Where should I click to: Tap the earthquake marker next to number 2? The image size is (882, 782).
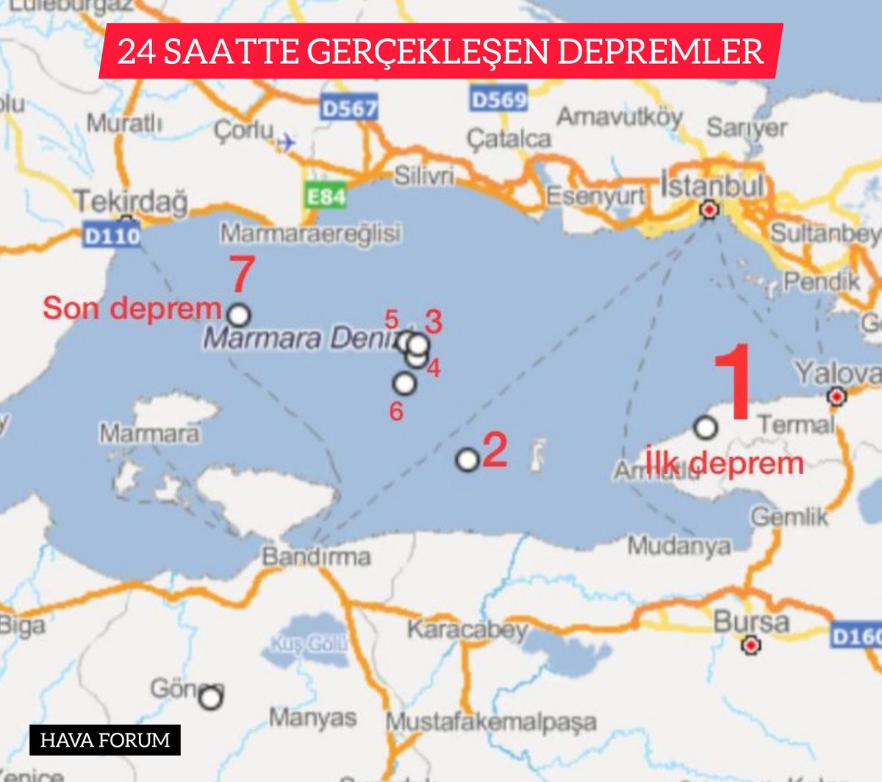coord(467,460)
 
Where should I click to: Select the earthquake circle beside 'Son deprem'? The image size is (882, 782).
coord(239,315)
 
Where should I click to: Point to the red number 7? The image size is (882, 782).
coord(241,274)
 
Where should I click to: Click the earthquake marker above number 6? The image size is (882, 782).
coord(404,383)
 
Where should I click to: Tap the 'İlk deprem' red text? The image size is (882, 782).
coord(725,463)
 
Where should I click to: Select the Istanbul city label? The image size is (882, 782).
coord(711,186)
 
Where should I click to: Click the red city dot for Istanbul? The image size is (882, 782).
coord(709,210)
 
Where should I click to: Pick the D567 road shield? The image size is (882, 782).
coord(349,109)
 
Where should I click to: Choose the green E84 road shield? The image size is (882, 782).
coord(325,196)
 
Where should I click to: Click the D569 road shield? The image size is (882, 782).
coord(499,99)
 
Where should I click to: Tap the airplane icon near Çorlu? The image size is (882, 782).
coord(286,141)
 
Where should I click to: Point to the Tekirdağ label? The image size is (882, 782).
coord(132,201)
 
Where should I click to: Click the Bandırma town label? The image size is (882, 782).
coord(316,556)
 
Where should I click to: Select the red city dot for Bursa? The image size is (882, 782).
coord(750,645)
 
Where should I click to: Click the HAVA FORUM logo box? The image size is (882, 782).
coord(105,739)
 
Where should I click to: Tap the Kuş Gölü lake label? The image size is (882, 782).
coord(309,645)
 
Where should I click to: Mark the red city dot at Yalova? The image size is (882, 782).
coord(836,397)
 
